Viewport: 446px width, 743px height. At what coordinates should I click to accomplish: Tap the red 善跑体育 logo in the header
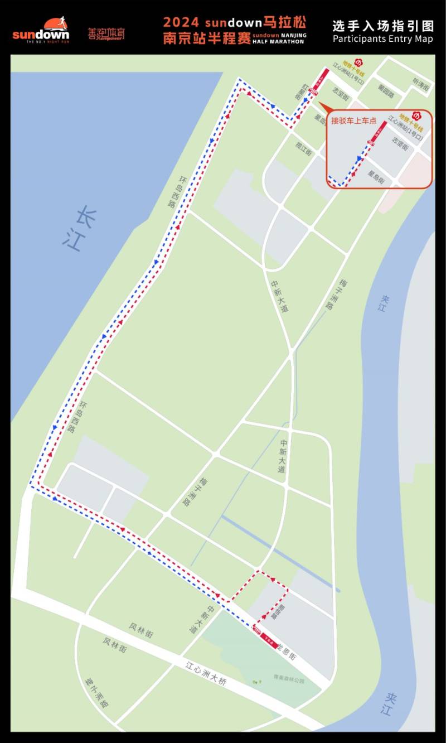(106, 33)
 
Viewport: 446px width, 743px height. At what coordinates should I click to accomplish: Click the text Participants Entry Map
(382, 39)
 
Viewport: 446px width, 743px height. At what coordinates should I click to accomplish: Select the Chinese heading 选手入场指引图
(382, 26)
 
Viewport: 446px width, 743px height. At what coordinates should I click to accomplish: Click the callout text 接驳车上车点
(354, 120)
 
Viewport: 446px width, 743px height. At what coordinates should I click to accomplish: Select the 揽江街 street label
(304, 148)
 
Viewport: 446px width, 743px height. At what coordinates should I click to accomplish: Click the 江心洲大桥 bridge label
(206, 673)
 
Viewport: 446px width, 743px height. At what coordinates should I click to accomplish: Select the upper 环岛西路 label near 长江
(177, 192)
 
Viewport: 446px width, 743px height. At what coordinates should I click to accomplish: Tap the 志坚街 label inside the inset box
(400, 144)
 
